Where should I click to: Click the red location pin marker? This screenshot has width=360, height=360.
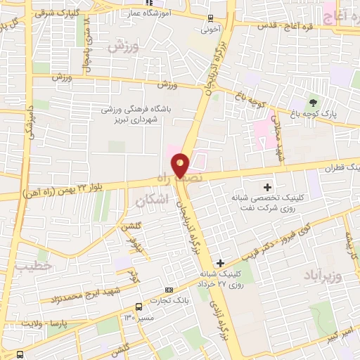(x=181, y=165)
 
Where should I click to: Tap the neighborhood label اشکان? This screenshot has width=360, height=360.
(x=147, y=201)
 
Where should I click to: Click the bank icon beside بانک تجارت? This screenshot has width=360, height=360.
(x=168, y=290)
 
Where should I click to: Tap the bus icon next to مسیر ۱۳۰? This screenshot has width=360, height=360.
(x=139, y=307)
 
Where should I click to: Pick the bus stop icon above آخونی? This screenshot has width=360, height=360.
(x=211, y=18)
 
